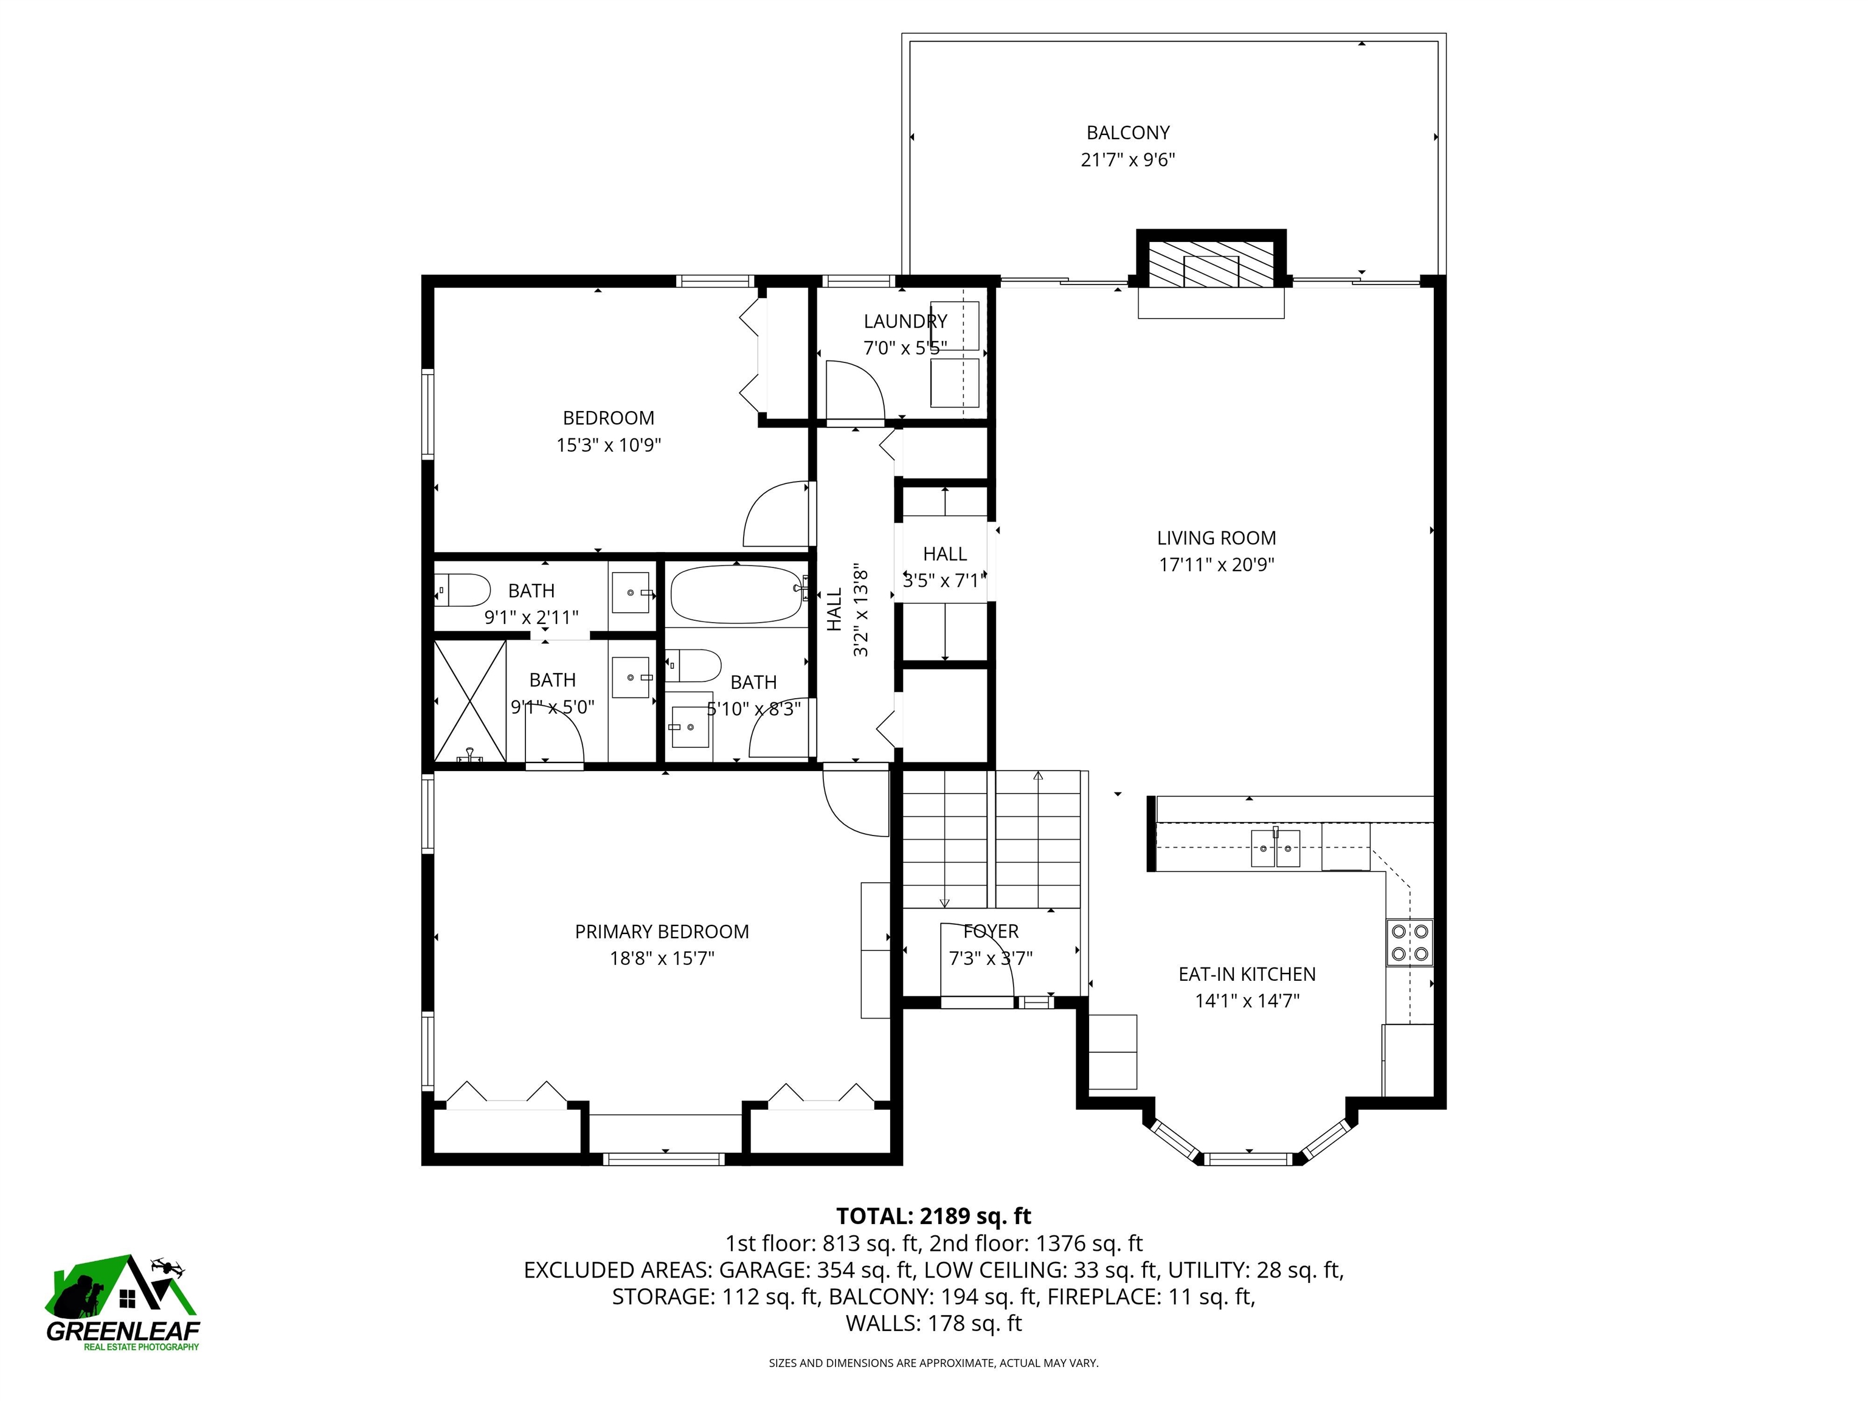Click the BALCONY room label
(x=1127, y=133)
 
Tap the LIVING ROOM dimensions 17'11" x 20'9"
(x=1216, y=565)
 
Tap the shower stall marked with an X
(x=469, y=701)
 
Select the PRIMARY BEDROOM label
(x=661, y=932)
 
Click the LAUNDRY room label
(x=904, y=321)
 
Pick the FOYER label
(x=991, y=930)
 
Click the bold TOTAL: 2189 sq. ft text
(x=933, y=1216)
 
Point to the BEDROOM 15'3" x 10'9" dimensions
(x=608, y=445)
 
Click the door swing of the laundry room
(x=853, y=390)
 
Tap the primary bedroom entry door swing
(x=854, y=802)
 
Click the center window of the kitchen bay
(x=1247, y=1158)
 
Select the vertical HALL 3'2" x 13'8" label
(x=847, y=610)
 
